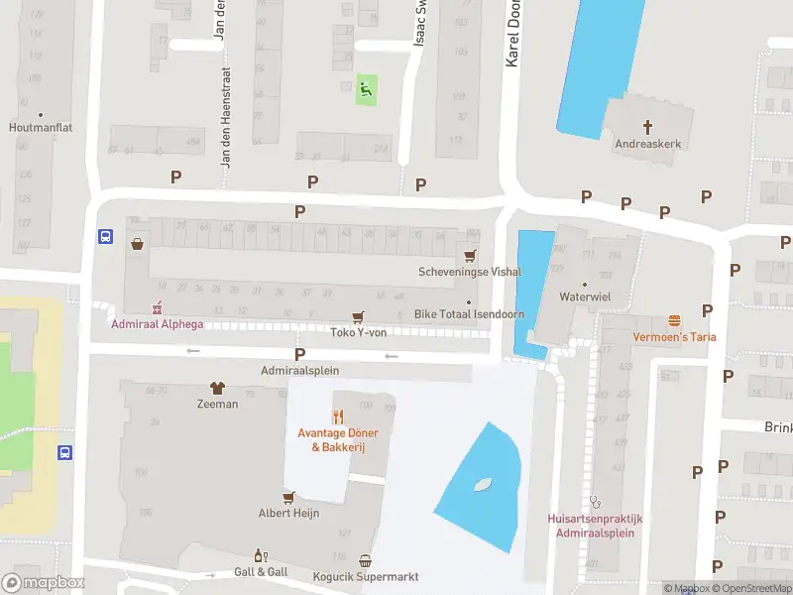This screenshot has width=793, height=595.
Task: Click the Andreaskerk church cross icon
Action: (648, 126)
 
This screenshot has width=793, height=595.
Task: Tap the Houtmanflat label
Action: (41, 128)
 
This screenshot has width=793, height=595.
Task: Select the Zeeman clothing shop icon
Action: (216, 388)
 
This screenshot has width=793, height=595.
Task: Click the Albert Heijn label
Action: (288, 513)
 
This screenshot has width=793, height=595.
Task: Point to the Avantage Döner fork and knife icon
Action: (337, 416)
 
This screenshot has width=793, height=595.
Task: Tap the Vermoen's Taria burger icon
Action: (675, 320)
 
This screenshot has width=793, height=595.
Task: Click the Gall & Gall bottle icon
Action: (261, 556)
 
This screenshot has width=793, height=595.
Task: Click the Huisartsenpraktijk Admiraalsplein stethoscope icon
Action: (595, 502)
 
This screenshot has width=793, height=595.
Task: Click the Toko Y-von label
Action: (357, 332)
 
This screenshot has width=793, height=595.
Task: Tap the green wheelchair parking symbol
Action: (366, 90)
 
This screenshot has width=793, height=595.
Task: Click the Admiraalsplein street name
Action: (299, 370)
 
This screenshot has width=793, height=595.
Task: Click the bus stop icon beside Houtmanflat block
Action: (104, 236)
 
